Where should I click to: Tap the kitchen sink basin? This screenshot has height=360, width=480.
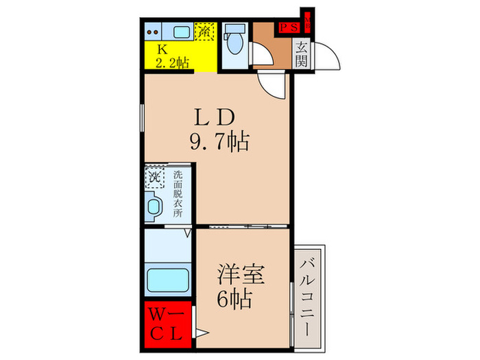(181, 32)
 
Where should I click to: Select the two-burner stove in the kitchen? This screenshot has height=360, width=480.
(155, 31)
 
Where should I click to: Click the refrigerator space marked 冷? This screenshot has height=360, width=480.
(204, 32)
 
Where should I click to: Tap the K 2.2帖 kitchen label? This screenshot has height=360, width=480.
(170, 56)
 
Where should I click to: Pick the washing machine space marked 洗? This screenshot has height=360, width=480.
(155, 178)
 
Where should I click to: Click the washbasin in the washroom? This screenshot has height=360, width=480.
(154, 206)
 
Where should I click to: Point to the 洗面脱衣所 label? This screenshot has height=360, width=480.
(178, 194)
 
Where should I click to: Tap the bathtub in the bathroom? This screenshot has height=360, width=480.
(168, 280)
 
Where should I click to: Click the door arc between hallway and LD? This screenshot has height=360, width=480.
(271, 86)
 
